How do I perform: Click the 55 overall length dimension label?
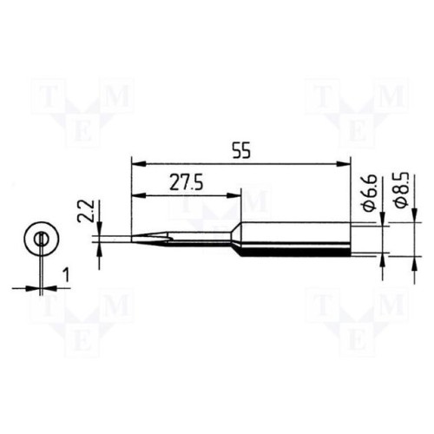241,150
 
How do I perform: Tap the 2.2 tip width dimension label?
86,211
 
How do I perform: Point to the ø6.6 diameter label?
371,193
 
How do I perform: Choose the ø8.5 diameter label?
402,190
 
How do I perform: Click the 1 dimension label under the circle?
66,274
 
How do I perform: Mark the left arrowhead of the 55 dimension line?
138,164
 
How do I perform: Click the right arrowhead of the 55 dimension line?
344,164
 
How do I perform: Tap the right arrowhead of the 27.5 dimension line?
234,196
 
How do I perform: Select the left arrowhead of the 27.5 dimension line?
138,196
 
